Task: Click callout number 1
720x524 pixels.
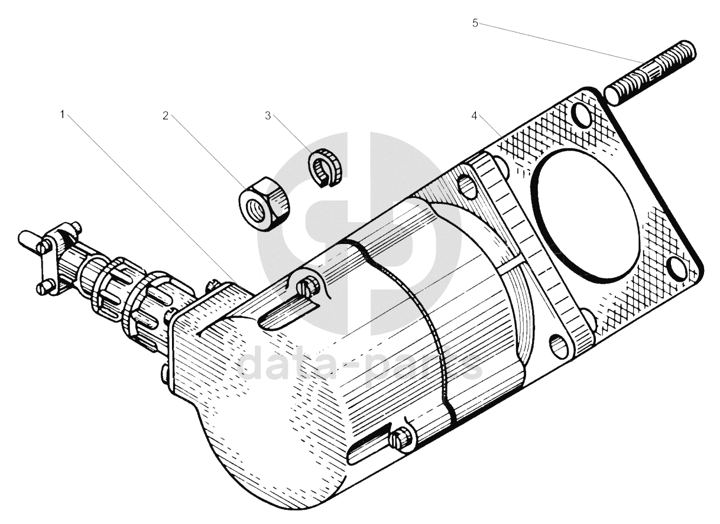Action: [62, 115]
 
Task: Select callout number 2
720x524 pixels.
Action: [166, 116]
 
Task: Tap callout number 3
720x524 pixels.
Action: [268, 116]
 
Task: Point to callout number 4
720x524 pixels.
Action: [475, 116]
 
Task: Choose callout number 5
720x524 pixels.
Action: [475, 23]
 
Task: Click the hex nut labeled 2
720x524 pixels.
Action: [264, 203]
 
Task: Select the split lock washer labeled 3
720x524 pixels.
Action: [325, 167]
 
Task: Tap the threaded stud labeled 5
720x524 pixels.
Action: [650, 73]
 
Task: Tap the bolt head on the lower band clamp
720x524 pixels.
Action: [401, 439]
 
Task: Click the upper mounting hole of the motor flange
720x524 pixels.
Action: [467, 186]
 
